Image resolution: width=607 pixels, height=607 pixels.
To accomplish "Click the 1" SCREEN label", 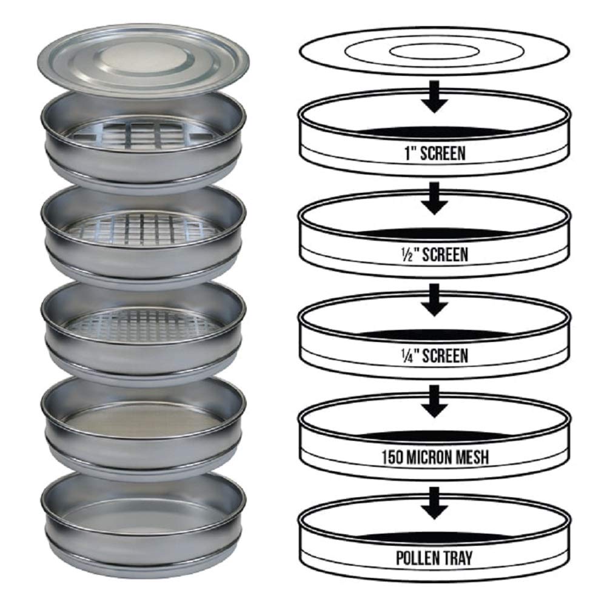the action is (435, 153).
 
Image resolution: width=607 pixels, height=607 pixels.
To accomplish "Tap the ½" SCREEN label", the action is (434, 255).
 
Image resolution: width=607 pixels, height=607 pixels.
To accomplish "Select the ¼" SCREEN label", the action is (434, 356).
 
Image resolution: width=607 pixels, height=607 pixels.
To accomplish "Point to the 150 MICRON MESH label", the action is (435, 457).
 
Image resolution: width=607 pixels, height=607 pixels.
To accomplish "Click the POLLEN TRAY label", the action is (434, 558).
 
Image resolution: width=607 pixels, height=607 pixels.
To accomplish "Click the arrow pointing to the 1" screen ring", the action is (434, 97).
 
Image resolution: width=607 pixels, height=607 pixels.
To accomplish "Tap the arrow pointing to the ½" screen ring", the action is (434, 198).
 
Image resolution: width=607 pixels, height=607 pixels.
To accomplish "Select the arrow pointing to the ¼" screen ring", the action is (434, 300).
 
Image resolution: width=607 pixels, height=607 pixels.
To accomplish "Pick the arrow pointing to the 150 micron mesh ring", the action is (434, 401).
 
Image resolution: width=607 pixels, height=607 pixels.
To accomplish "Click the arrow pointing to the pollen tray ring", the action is (434, 503).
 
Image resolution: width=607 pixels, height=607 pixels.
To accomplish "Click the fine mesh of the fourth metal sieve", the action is (143, 420).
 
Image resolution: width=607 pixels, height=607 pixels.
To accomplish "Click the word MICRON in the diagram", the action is (434, 457).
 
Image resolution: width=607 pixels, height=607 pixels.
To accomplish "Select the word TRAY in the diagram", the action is (455, 558).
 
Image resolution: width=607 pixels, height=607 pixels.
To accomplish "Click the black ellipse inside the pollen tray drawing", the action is (434, 537).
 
